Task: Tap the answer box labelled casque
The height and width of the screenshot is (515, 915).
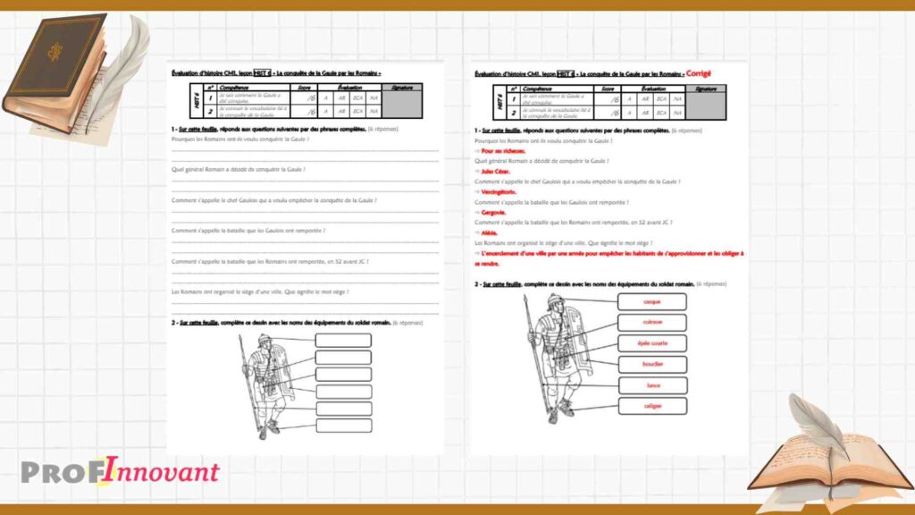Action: (651, 301)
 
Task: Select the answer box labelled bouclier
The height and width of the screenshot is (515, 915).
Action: (651, 364)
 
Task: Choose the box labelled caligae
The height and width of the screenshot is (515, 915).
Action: (651, 406)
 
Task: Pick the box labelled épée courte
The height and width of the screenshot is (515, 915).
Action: (651, 343)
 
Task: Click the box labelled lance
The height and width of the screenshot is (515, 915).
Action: (651, 385)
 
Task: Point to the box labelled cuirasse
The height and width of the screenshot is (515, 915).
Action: (651, 322)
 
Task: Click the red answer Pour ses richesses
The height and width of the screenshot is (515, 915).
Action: (501, 151)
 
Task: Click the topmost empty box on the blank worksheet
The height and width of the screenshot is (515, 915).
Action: (343, 340)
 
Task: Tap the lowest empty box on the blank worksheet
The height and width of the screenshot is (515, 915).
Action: (343, 426)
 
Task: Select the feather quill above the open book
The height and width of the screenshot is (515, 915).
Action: (817, 420)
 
